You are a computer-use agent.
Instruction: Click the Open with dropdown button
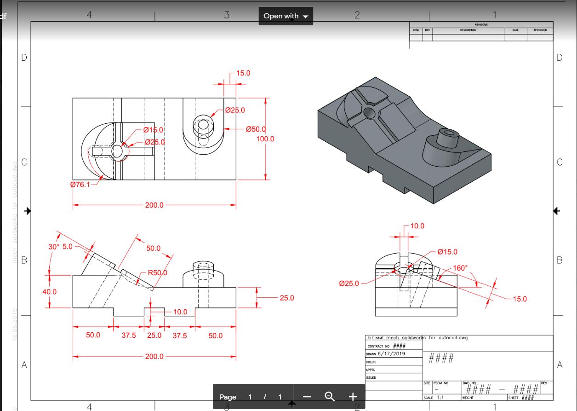[x=286, y=16]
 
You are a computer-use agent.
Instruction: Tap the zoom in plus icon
[x=352, y=397]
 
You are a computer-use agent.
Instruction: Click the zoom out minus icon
[x=307, y=397]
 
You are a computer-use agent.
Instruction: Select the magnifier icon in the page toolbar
[x=329, y=396]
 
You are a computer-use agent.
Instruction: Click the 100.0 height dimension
[x=265, y=139]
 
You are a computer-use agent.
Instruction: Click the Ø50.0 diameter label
[x=256, y=129]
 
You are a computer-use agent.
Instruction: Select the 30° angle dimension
[x=54, y=247]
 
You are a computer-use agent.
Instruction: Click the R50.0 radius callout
[x=157, y=272]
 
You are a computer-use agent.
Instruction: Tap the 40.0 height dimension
[x=50, y=291]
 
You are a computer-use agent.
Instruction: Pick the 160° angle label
[x=460, y=268]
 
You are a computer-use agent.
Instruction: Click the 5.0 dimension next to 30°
[x=68, y=247]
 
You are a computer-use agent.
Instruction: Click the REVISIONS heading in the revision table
[x=481, y=25]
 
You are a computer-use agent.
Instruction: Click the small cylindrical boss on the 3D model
[x=447, y=137]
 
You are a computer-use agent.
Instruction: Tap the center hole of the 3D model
[x=369, y=113]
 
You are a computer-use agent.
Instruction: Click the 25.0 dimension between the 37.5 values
[x=154, y=336]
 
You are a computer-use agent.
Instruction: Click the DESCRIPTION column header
[x=468, y=30]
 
